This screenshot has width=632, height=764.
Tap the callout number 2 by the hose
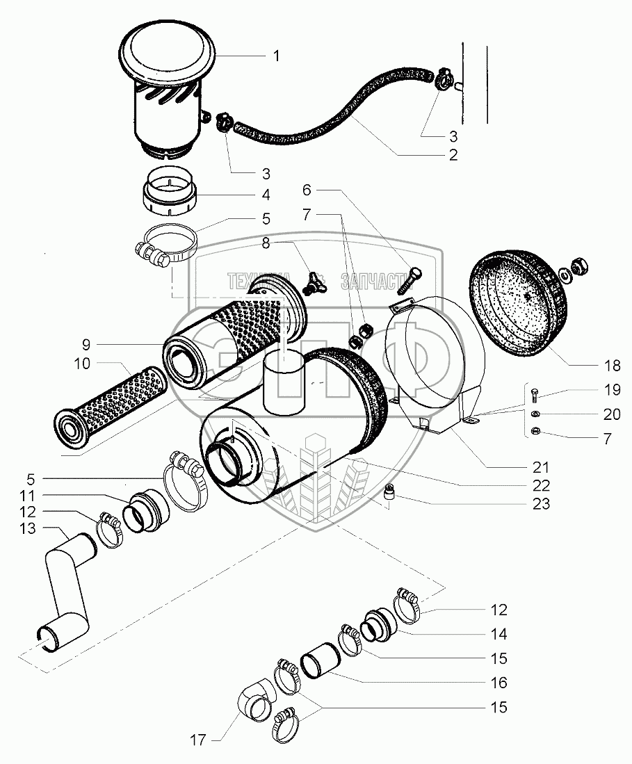click(x=453, y=155)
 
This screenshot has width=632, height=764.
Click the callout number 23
click(x=542, y=504)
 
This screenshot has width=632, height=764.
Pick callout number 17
click(x=199, y=740)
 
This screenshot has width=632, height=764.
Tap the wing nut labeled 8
click(x=314, y=283)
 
